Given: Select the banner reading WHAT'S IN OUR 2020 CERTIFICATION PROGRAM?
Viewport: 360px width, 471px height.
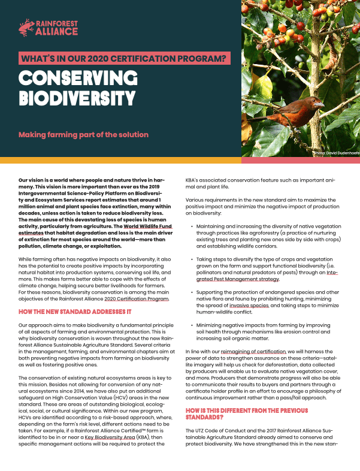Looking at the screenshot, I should pyautogui.click(x=124, y=59).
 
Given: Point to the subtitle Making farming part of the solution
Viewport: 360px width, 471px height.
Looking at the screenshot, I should pyautogui.click(x=83, y=134).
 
